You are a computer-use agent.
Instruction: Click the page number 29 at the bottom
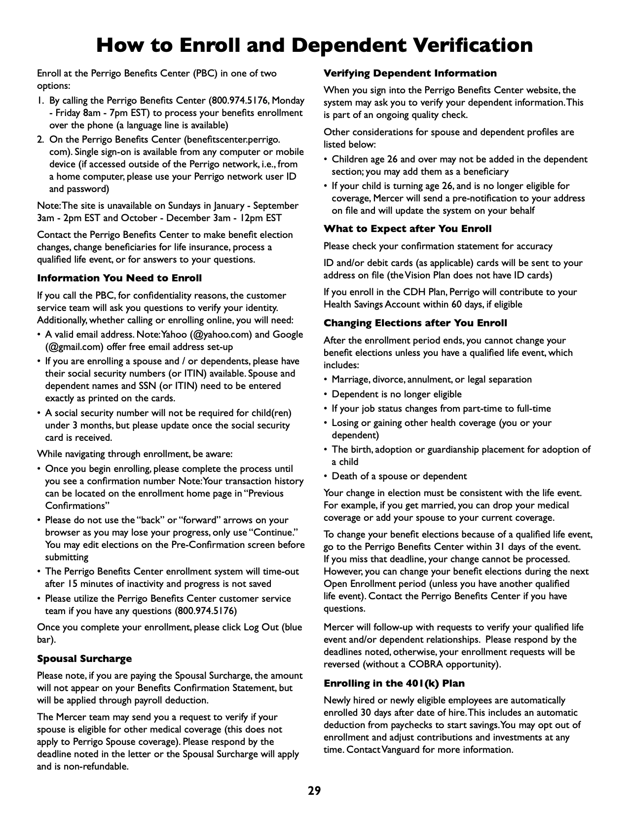[314, 791]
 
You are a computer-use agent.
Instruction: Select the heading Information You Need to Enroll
[119, 278]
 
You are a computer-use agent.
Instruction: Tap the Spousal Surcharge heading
[84, 659]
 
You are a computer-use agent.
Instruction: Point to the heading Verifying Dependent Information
[410, 74]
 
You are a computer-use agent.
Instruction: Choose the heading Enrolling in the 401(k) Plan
[394, 683]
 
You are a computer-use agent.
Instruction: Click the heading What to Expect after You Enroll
[407, 229]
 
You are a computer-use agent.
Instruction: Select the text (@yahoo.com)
[221, 334]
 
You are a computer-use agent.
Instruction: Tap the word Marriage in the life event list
[350, 380]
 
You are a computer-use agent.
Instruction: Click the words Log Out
[261, 627]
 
